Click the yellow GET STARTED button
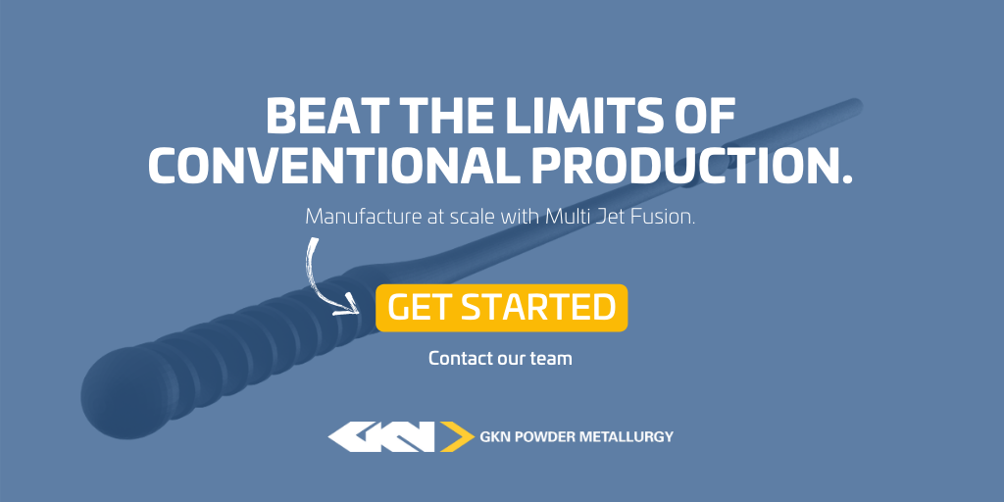tap(501, 308)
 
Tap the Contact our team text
tap(500, 358)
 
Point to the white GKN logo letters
tap(382, 436)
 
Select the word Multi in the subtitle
tap(563, 217)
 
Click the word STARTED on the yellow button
tap(538, 307)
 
